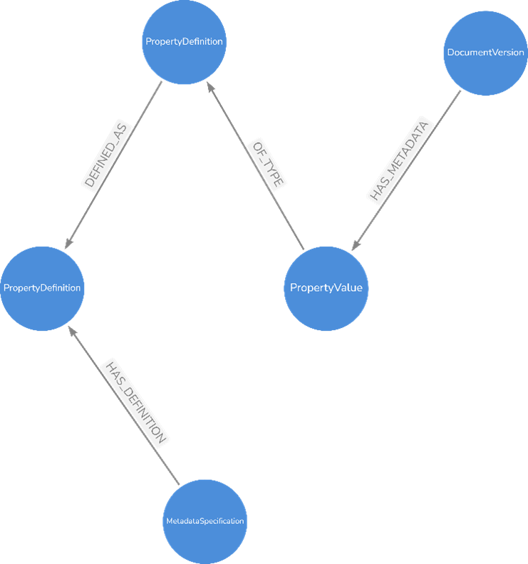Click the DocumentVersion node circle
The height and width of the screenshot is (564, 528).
(x=485, y=53)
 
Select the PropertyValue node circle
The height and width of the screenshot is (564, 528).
(x=326, y=288)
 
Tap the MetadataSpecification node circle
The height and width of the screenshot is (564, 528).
(x=206, y=521)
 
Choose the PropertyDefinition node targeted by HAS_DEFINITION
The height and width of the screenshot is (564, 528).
(x=42, y=288)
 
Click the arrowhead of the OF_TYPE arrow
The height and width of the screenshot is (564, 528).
(x=209, y=86)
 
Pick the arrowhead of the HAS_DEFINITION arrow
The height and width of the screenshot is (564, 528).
(x=70, y=330)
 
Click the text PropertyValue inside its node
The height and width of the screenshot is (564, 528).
(x=326, y=288)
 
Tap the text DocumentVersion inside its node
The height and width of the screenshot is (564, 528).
(x=485, y=53)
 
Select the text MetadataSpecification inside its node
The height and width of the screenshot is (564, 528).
(x=206, y=521)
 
